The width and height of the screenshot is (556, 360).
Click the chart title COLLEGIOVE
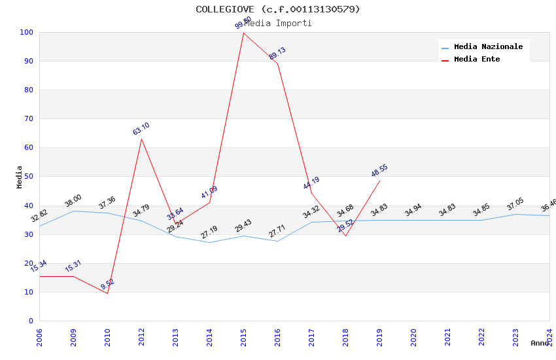point(277,9)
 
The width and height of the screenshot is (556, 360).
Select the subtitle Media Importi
point(277,24)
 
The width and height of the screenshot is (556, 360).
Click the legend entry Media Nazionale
point(488,47)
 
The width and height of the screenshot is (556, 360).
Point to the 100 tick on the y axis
point(27,32)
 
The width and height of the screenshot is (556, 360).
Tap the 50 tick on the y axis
point(29,177)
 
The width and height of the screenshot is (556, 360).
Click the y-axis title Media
point(19,177)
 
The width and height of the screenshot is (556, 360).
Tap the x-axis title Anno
point(540,343)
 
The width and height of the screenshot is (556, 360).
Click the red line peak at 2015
point(243,33)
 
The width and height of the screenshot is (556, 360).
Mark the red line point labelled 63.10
point(141,139)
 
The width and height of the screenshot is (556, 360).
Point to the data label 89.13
point(277,54)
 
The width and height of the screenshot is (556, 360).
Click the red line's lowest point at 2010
point(107,293)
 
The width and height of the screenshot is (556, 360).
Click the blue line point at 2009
point(73,211)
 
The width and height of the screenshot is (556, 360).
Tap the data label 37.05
point(515,205)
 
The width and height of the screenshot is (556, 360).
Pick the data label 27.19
point(209,232)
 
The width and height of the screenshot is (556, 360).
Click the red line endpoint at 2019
point(379,181)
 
